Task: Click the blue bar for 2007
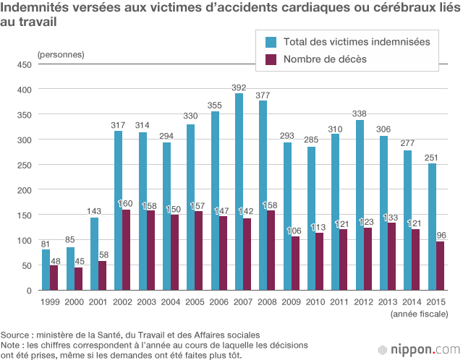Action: click(x=239, y=192)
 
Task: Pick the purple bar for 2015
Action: click(x=441, y=266)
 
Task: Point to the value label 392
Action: click(x=239, y=87)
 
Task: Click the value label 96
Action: click(x=441, y=235)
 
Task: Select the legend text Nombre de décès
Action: click(x=325, y=59)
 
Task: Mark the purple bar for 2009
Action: click(x=295, y=263)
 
